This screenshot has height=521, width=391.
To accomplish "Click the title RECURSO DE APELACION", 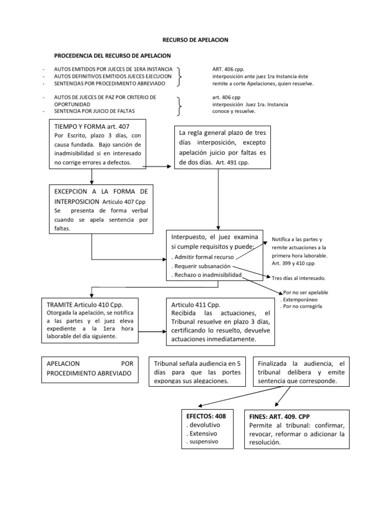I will [195, 39].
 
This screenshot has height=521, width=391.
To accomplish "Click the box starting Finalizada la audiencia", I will [301, 371].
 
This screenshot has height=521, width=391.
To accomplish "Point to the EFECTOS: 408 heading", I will [205, 416].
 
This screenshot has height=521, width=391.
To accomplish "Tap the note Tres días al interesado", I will [299, 278].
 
